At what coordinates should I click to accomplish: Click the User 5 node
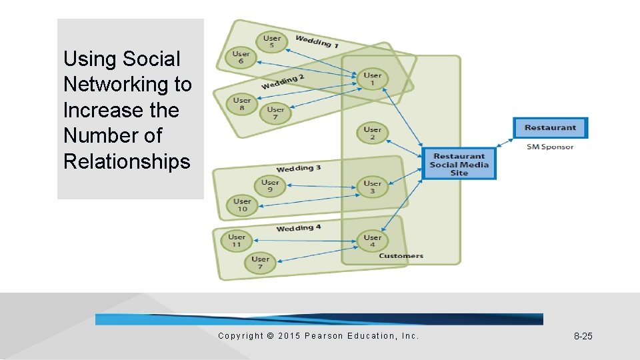pos(271,42)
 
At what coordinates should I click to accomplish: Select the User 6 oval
pos(241,58)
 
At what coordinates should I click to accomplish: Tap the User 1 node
pos(373,79)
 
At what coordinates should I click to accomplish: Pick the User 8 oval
pos(242,104)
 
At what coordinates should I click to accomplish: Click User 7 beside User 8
pos(275,113)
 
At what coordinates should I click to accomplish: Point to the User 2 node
pos(373,133)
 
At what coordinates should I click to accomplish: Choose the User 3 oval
pos(373,187)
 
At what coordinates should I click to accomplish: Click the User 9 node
pos(270,186)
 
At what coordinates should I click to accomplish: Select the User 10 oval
pos(242,205)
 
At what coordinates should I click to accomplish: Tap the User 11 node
pos(237,241)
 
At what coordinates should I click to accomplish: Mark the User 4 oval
pos(373,241)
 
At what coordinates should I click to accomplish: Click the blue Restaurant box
pos(550,128)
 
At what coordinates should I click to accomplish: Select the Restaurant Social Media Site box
pos(459,165)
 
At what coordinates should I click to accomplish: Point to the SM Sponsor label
pos(550,147)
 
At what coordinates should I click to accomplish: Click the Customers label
pos(401,256)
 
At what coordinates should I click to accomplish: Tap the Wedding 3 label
pos(299,168)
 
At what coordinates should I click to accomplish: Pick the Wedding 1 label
pos(317,41)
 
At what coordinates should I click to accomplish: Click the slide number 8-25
pos(583,336)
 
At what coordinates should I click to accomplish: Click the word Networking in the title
pos(127,85)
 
